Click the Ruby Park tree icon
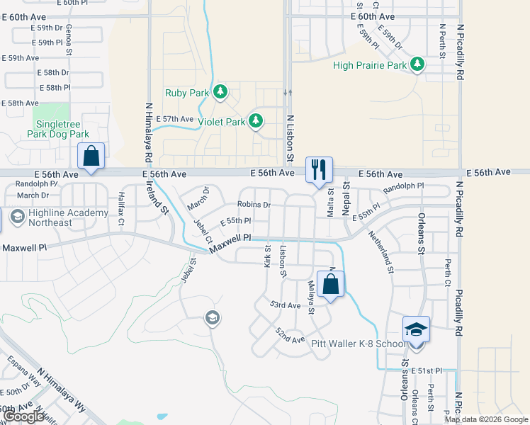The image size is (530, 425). pos(220,92)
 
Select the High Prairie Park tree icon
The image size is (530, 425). pos(417,65)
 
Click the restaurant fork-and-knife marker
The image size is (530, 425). pos(319,169)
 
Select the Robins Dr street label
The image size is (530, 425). pos(254,205)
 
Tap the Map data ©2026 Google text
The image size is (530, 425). pos(486,419)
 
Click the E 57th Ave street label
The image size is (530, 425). pos(174,119)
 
